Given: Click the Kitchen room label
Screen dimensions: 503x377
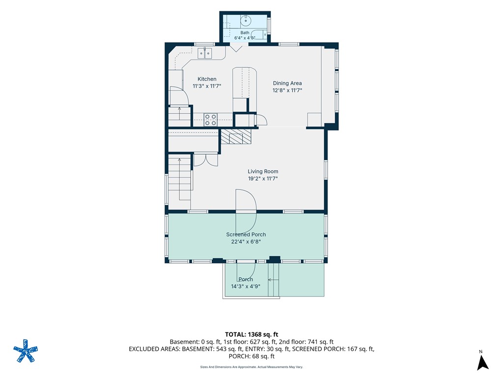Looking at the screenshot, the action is point(207,79).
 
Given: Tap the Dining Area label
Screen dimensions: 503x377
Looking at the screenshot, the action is point(287,83).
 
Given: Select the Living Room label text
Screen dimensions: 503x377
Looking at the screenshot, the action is point(263,171).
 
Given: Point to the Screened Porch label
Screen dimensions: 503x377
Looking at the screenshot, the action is point(246,234).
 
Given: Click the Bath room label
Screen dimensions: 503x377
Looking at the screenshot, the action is point(245,32).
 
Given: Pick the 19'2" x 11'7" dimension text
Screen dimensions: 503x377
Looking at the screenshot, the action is point(263,179).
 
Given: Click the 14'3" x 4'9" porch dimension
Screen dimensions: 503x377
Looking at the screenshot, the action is point(246,286).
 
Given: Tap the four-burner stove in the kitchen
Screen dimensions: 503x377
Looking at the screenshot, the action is point(210,120).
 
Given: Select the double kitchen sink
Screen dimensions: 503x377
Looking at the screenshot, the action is point(205,53).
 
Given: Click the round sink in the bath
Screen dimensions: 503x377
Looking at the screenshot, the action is point(246,21).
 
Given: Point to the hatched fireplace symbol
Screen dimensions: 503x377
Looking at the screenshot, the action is point(236,136).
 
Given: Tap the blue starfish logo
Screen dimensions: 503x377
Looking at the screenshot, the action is point(26,350).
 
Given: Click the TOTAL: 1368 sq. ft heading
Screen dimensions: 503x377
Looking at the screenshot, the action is point(251,335).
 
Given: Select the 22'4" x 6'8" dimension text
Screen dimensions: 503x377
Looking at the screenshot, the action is point(246,242).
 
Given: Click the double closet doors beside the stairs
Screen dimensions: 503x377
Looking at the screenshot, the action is point(206,160).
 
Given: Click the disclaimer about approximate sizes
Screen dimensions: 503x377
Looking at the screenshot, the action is point(251,367).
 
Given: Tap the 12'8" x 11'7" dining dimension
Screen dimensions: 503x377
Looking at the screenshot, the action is point(287,90).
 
